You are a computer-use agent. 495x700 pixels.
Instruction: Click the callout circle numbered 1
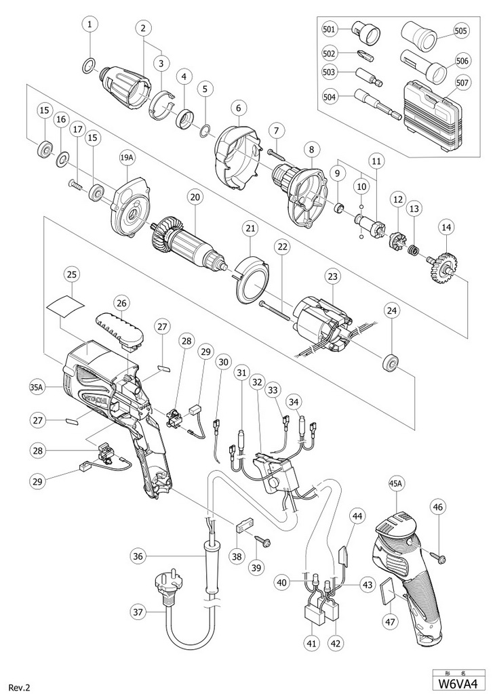tap(90, 25)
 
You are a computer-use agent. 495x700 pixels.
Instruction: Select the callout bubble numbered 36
tap(138, 557)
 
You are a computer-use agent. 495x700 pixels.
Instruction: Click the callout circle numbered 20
tap(195, 197)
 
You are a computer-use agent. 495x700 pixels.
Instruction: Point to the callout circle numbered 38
tap(237, 556)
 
